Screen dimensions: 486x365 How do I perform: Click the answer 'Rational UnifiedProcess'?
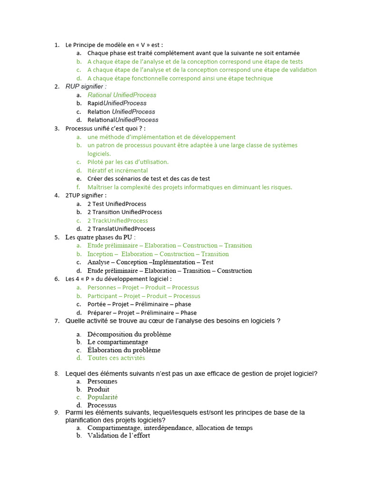point(122,95)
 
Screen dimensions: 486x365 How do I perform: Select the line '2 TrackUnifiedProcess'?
point(117,221)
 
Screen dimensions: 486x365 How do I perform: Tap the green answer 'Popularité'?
point(102,397)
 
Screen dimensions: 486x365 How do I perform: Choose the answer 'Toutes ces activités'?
point(116,358)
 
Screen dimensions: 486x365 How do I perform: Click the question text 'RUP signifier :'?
point(86,86)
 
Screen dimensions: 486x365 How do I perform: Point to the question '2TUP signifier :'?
point(86,196)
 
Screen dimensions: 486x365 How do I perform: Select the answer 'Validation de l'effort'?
point(118,436)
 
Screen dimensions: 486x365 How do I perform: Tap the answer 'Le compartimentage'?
point(117,342)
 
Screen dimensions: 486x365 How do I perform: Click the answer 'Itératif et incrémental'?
point(117,170)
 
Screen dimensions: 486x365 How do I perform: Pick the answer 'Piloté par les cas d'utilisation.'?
point(128,162)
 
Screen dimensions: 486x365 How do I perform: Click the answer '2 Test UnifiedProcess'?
point(116,204)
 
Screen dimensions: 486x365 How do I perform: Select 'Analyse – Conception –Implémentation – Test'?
point(150,262)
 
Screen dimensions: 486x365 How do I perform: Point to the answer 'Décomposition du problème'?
point(129,334)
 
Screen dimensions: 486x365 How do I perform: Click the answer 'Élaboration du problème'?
point(124,350)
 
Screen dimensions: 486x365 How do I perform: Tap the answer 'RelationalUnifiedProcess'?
point(123,120)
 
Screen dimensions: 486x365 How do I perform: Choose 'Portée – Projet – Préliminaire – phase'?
point(139,304)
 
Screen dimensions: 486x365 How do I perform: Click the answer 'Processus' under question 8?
point(102,406)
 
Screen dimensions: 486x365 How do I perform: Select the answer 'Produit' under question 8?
point(98,390)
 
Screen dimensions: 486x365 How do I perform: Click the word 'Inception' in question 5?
point(100,254)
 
